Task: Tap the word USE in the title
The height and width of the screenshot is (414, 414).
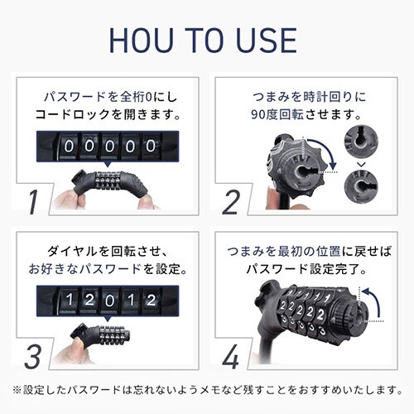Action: [x=267, y=39]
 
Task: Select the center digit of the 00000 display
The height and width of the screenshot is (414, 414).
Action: [x=104, y=145]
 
